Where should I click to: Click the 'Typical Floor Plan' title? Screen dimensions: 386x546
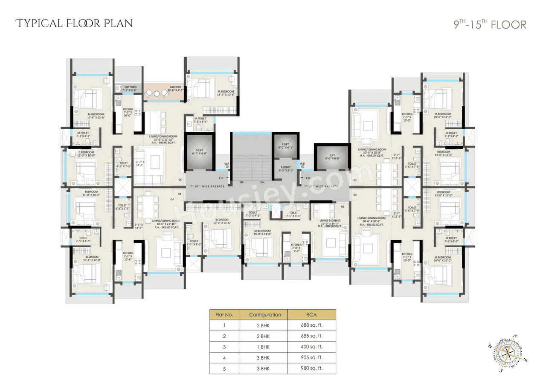click(74, 23)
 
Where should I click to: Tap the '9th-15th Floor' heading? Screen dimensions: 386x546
click(490, 24)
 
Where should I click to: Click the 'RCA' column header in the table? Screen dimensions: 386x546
click(311, 315)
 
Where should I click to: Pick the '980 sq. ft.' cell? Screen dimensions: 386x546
click(311, 369)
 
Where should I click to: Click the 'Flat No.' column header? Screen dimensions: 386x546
click(224, 315)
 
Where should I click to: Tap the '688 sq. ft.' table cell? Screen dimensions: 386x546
click(311, 325)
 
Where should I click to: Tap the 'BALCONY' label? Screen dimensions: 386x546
click(175, 87)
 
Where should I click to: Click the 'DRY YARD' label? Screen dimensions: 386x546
click(131, 87)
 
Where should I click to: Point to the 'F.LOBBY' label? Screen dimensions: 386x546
click(285, 167)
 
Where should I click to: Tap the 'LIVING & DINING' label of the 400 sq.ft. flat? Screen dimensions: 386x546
click(330, 221)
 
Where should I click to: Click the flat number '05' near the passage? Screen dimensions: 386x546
click(180, 180)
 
